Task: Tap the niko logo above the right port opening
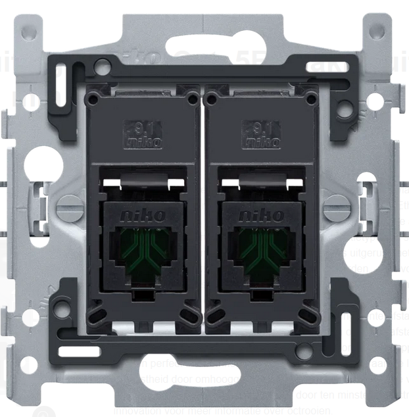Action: click(262, 215)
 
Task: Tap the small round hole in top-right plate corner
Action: click(376, 32)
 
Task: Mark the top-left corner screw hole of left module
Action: click(93, 99)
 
